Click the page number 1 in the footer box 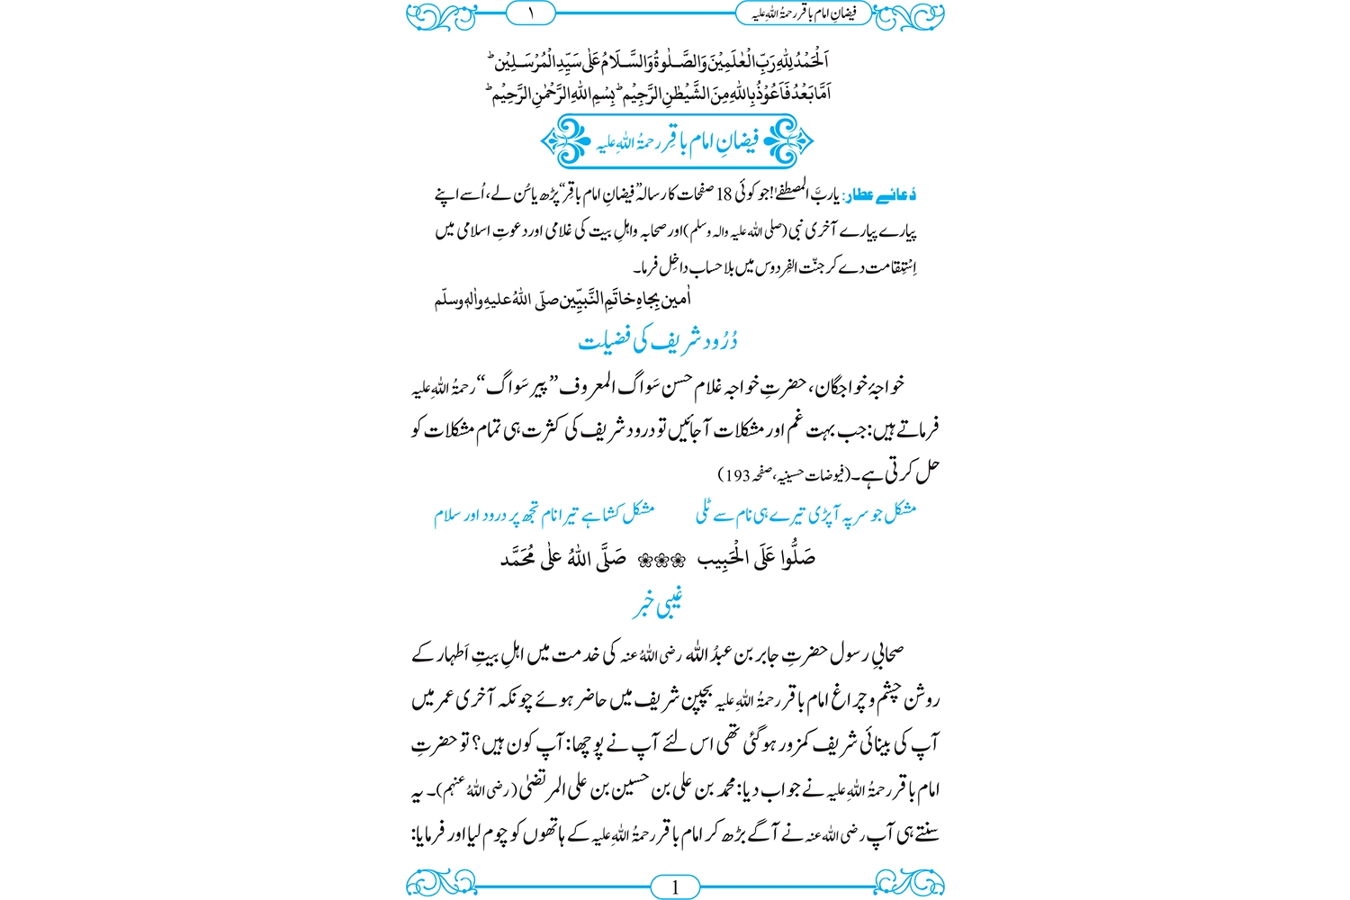point(675,887)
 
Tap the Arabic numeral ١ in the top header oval point(530,13)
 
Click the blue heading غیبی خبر point(657,605)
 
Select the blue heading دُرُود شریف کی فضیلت point(658,341)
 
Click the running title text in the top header point(804,13)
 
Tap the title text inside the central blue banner point(676,141)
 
